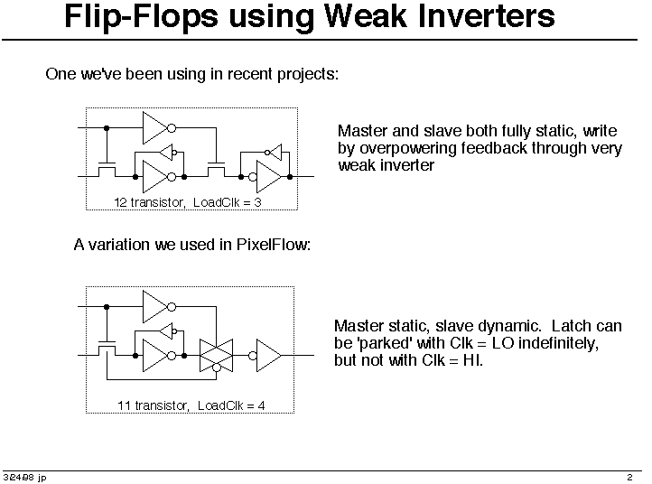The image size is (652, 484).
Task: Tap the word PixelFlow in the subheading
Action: [x=274, y=245]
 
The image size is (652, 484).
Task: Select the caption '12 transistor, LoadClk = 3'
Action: [x=188, y=202]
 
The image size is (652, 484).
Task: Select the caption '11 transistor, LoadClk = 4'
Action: [x=191, y=405]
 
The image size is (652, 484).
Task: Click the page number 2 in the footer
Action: [x=629, y=477]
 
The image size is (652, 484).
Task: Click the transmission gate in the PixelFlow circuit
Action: [x=216, y=356]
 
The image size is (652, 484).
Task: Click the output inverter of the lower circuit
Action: [x=265, y=356]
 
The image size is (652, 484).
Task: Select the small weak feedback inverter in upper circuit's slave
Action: [x=274, y=153]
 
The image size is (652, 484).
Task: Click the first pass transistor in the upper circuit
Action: [x=107, y=169]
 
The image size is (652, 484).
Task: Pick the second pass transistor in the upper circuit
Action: [x=216, y=169]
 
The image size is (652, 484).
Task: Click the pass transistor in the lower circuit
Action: [x=107, y=348]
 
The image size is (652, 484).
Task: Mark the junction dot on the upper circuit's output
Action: [x=290, y=177]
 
